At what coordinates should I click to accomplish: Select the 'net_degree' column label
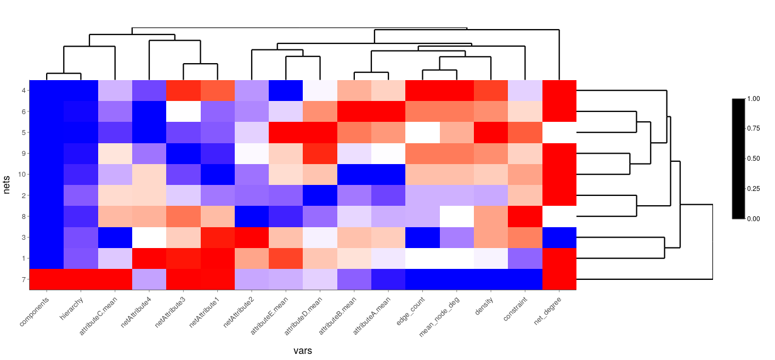pyautogui.click(x=549, y=311)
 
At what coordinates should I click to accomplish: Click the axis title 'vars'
pyautogui.click(x=302, y=351)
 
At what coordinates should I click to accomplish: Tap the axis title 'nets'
pyautogui.click(x=7, y=185)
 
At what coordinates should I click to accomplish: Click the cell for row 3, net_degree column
pyautogui.click(x=559, y=237)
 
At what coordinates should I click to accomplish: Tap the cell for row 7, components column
pyautogui.click(x=46, y=279)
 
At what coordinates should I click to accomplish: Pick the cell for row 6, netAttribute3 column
pyautogui.click(x=183, y=111)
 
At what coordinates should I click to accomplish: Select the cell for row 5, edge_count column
pyautogui.click(x=422, y=132)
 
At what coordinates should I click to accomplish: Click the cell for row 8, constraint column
pyautogui.click(x=525, y=216)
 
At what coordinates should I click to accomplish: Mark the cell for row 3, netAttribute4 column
pyautogui.click(x=149, y=237)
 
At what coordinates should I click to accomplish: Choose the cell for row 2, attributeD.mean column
pyautogui.click(x=320, y=195)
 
